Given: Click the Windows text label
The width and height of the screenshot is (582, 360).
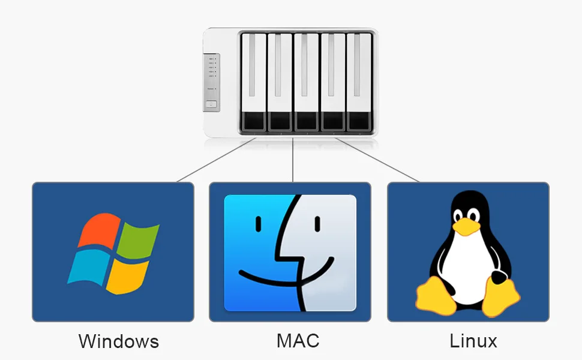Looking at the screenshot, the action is tap(119, 341).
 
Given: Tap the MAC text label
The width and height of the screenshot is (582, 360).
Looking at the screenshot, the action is tap(298, 341).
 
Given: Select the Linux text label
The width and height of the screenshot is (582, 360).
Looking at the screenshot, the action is tap(473, 341).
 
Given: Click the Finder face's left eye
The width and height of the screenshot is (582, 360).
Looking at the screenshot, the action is tap(260, 224).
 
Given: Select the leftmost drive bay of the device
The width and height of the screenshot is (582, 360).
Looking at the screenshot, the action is tap(253, 82).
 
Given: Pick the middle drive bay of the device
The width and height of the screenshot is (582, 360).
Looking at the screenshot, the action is tap(306, 82).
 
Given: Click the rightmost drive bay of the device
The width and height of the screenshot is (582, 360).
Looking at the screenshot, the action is tap(359, 82).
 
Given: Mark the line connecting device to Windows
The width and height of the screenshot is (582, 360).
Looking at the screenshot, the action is tap(216, 160).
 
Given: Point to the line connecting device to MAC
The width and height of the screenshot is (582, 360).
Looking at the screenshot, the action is tap(292, 160).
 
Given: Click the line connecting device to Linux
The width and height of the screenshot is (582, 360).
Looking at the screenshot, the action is tap(377, 160).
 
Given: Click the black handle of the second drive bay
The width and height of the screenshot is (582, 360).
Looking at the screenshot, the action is tap(280, 121).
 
